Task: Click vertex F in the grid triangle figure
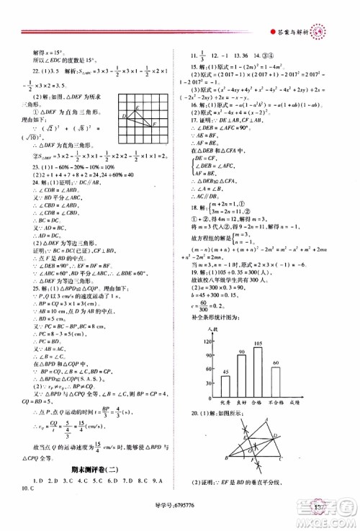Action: click(x=153, y=123)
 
